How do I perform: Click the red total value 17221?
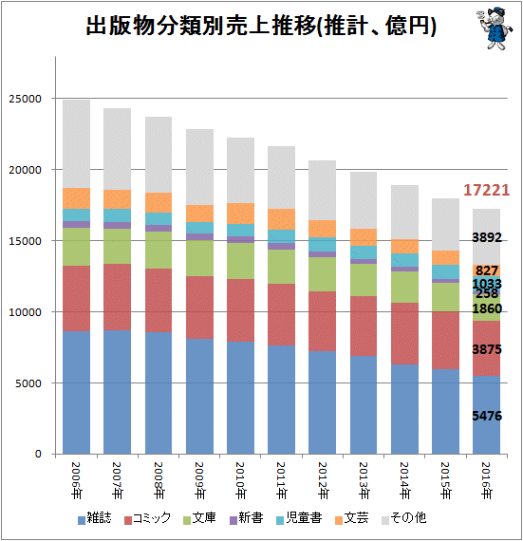(x=486, y=190)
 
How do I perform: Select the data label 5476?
(x=486, y=416)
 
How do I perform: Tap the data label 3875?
(x=486, y=349)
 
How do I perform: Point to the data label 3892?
(x=486, y=237)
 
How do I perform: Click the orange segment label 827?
(x=486, y=270)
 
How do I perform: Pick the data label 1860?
(x=486, y=308)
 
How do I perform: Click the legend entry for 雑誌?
(x=95, y=518)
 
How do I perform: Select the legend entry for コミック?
(x=147, y=518)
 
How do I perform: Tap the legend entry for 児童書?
(x=299, y=518)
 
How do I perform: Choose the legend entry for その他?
(x=403, y=518)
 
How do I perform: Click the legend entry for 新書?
(x=247, y=518)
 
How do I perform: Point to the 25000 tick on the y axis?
(x=25, y=99)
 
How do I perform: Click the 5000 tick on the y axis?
(x=28, y=383)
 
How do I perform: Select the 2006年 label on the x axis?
(x=76, y=480)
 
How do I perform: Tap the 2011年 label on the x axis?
(x=282, y=480)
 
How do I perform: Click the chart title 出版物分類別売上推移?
(x=201, y=26)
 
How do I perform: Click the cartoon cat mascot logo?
(x=495, y=28)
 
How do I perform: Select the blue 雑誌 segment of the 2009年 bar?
(x=199, y=397)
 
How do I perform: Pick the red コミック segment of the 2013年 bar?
(x=364, y=326)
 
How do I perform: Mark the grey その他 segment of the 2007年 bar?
(x=118, y=149)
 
